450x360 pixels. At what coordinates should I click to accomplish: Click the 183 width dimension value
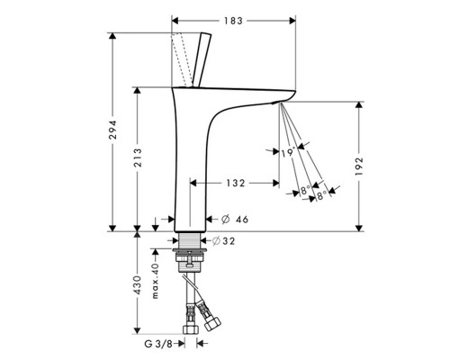pos(233,21)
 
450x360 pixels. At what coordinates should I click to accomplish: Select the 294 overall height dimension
pos(112,130)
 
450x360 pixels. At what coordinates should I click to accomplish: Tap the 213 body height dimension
pos(138,157)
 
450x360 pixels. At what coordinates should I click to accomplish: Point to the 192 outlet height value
pos(359,166)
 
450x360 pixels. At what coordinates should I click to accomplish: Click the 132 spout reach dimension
pos(235,183)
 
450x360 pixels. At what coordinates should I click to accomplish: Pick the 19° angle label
pos(288,153)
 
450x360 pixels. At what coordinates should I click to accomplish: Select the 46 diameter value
pos(242,220)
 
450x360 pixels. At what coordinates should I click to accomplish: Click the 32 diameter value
pos(229,241)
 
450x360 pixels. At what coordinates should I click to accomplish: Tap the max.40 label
pos(155,281)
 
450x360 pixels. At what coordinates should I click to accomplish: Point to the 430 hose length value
pos(138,285)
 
